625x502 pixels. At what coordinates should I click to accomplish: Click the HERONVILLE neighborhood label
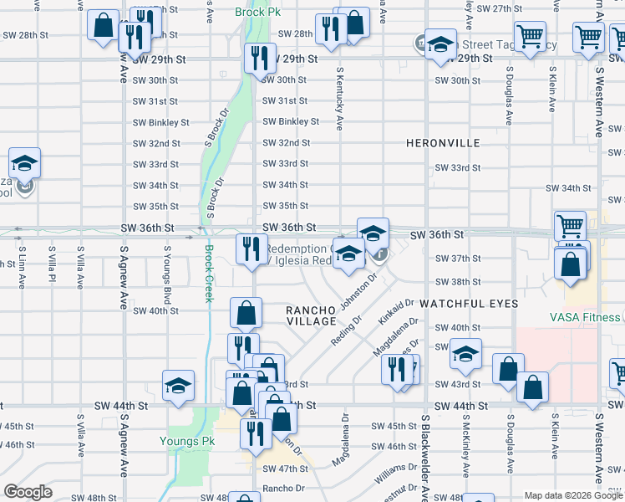443,143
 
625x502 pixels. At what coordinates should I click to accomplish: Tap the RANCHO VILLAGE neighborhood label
312,316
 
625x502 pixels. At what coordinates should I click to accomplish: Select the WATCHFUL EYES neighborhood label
469,303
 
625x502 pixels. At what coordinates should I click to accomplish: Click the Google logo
28,492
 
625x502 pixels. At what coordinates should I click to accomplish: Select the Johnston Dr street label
362,289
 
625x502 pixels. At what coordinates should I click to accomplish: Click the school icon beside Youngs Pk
179,387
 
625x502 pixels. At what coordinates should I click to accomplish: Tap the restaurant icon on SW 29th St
260,59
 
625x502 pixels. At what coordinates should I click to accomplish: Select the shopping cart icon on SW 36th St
570,225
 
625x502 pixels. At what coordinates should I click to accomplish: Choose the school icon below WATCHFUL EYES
465,355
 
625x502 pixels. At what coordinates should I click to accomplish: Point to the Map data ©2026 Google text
573,495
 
